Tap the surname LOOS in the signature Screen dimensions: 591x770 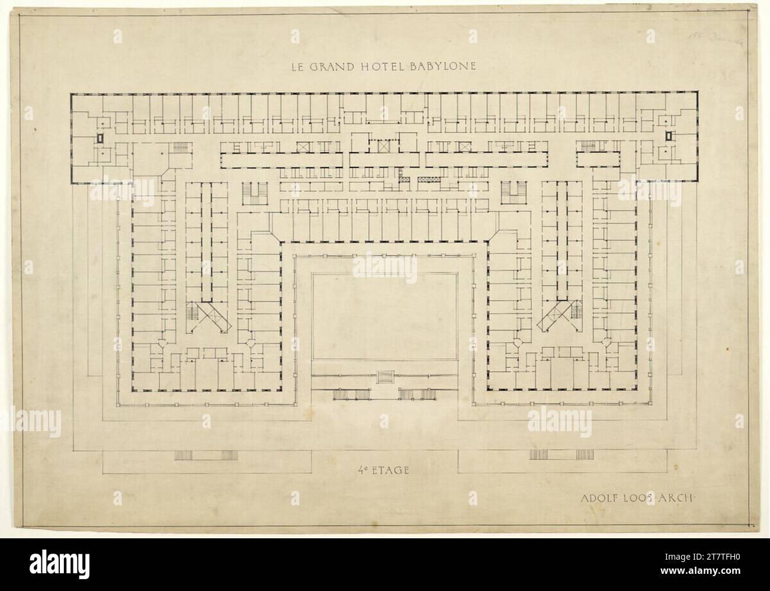pos(635,497)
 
